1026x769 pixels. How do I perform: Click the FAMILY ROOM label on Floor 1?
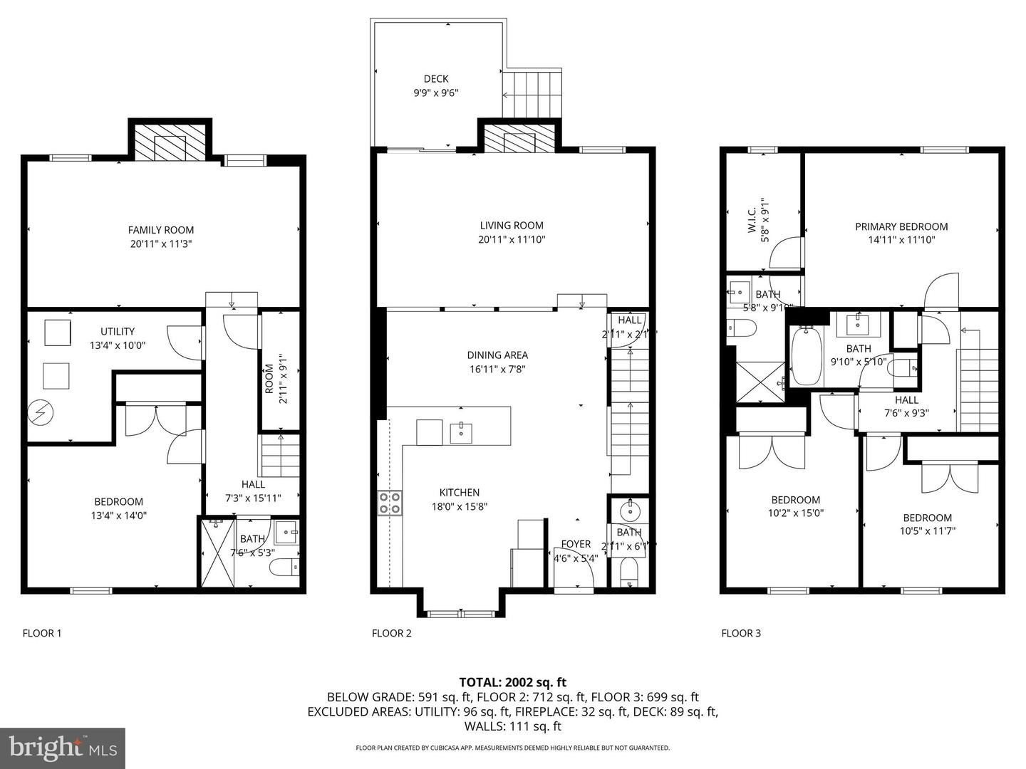160,230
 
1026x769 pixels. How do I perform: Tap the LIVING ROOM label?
512,226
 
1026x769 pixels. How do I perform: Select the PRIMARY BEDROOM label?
901,226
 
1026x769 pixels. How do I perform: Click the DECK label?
436,79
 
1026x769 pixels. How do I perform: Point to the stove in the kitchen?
390,503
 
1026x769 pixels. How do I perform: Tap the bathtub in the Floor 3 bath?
807,356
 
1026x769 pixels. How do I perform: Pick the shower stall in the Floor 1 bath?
217,553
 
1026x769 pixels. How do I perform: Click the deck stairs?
532,95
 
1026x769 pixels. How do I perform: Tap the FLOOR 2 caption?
391,633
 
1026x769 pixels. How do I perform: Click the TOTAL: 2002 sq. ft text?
512,682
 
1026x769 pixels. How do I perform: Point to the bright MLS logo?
63,748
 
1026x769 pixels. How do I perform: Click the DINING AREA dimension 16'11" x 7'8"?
497,369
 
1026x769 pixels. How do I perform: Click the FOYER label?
576,544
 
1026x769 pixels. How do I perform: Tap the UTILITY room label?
118,331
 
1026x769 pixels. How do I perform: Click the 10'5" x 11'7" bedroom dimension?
927,530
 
